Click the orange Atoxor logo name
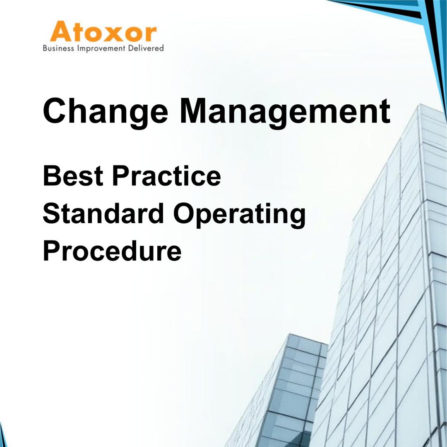pos(103,32)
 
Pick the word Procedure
pos(112,251)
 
